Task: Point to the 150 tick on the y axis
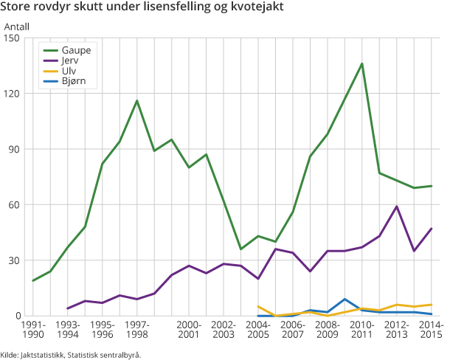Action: (x=13, y=38)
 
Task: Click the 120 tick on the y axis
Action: (x=13, y=94)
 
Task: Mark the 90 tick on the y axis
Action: (x=15, y=149)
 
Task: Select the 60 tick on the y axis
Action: (x=15, y=204)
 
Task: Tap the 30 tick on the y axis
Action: (x=15, y=260)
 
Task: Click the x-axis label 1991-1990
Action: (x=33, y=330)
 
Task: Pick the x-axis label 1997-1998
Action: (x=137, y=330)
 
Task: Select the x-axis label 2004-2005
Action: (x=258, y=330)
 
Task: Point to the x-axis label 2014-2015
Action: (x=432, y=330)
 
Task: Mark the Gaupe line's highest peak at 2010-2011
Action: (x=362, y=63)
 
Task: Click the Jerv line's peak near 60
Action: (x=397, y=207)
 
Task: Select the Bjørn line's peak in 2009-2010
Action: (x=345, y=299)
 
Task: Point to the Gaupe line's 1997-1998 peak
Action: (x=137, y=100)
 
